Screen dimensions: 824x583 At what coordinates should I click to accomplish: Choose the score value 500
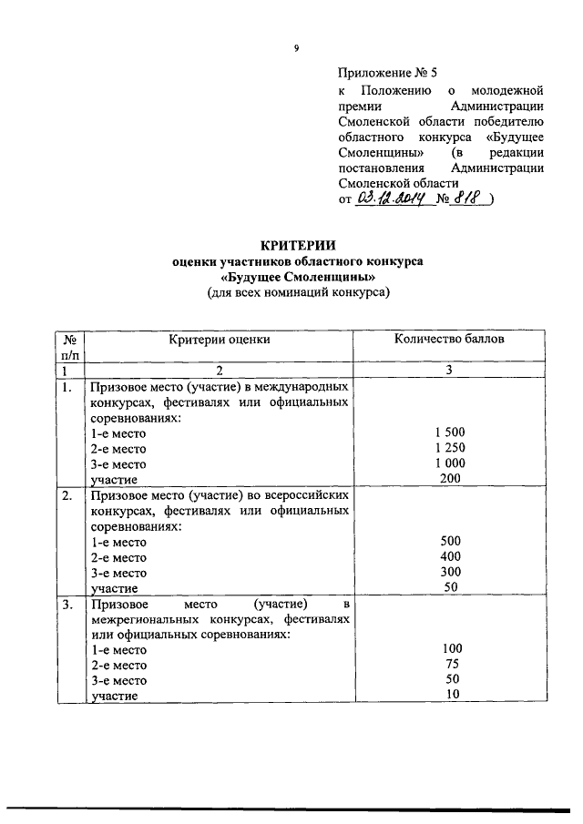tap(449, 542)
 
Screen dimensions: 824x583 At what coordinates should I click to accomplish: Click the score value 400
tap(449, 557)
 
